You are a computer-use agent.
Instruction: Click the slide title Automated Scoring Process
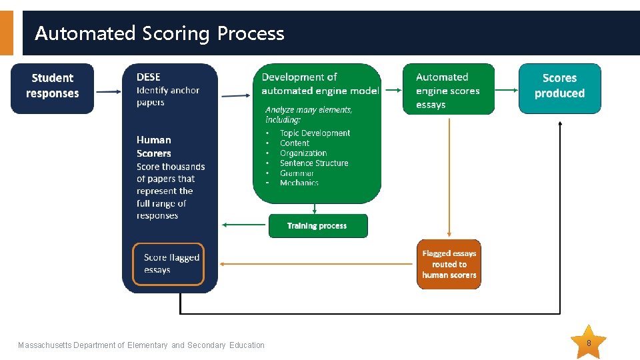(x=159, y=33)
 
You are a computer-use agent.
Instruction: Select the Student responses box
(x=53, y=87)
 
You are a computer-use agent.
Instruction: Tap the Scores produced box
(x=559, y=87)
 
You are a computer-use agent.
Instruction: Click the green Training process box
(x=317, y=226)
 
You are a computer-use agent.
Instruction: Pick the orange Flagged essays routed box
(x=449, y=264)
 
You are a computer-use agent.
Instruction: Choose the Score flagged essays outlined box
(x=168, y=264)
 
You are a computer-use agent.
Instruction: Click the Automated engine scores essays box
(x=448, y=90)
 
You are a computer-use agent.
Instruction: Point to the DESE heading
(x=149, y=77)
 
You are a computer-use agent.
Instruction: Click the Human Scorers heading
(x=154, y=146)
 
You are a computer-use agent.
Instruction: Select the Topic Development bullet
(x=315, y=133)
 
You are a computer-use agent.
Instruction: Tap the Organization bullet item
(x=303, y=153)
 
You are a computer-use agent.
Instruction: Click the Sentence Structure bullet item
(x=314, y=163)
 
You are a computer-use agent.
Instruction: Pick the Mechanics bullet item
(x=299, y=183)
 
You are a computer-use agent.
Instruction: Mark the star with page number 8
(x=589, y=343)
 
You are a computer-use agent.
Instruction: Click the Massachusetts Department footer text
(x=141, y=345)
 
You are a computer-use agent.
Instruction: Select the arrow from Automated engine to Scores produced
(x=506, y=89)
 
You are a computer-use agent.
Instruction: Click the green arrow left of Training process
(x=245, y=225)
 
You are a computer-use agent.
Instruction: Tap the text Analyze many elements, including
(x=309, y=115)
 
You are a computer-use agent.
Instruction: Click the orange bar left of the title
(x=6, y=33)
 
